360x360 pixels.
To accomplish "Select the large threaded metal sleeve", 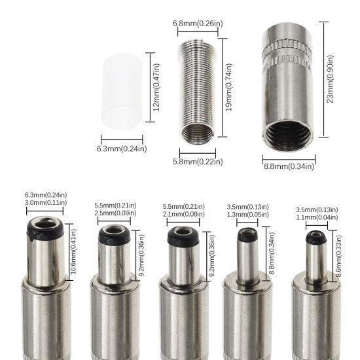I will pos(287,85).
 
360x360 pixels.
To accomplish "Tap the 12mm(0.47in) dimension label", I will pos(156,87).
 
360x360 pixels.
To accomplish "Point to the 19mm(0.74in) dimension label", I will pos(228,87).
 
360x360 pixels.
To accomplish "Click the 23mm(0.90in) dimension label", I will pos(331,79).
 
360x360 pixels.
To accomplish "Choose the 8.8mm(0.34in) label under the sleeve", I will pos(289,166).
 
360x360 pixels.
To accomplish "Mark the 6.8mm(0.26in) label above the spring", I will pos(198,24).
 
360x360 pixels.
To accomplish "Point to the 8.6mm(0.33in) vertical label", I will pos(338,254).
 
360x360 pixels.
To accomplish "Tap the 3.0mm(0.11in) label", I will pos(45,204).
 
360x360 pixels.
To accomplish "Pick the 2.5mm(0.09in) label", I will pos(115,213).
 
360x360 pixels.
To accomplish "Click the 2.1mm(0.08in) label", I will pos(184,215).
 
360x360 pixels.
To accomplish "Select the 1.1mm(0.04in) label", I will pos(316,217).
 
